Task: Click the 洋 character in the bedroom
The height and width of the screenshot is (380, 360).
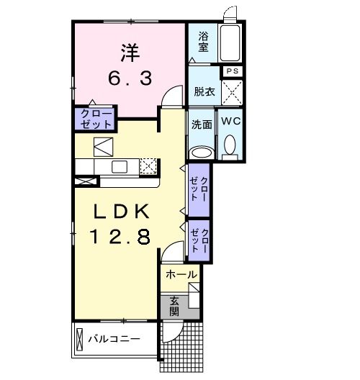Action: [130, 52]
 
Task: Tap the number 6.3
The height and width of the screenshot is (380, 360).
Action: [130, 78]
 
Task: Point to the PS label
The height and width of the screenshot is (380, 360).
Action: [233, 71]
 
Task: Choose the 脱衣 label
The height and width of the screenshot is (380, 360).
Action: [204, 91]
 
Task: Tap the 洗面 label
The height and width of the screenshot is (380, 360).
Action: [202, 124]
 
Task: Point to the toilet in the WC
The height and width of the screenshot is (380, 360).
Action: [230, 148]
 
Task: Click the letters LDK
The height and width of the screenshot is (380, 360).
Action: [120, 212]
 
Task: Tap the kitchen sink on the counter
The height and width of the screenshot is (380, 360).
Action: [120, 167]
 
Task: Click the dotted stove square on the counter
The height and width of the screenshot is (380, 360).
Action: [148, 166]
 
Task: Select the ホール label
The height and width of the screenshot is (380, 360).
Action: [181, 274]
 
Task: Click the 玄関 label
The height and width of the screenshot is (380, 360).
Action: [175, 306]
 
